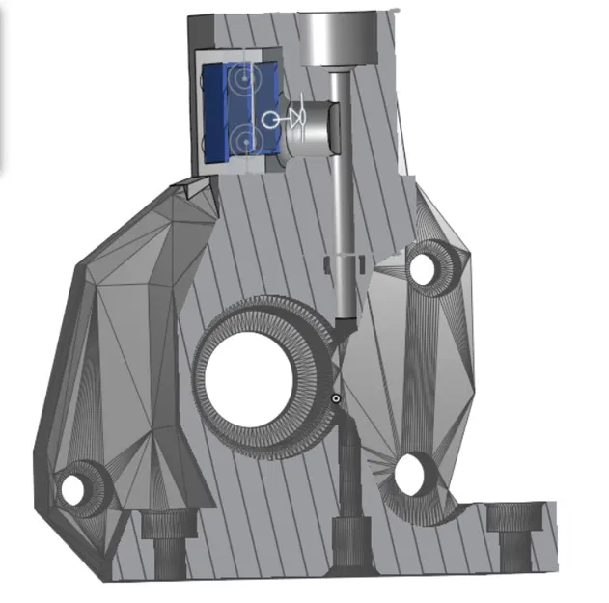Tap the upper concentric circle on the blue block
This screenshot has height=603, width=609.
(x=245, y=74)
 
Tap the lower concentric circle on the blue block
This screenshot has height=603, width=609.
(x=245, y=141)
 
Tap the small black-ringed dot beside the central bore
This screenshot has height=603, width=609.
(x=335, y=397)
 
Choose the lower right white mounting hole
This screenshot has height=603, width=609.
(x=412, y=474)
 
